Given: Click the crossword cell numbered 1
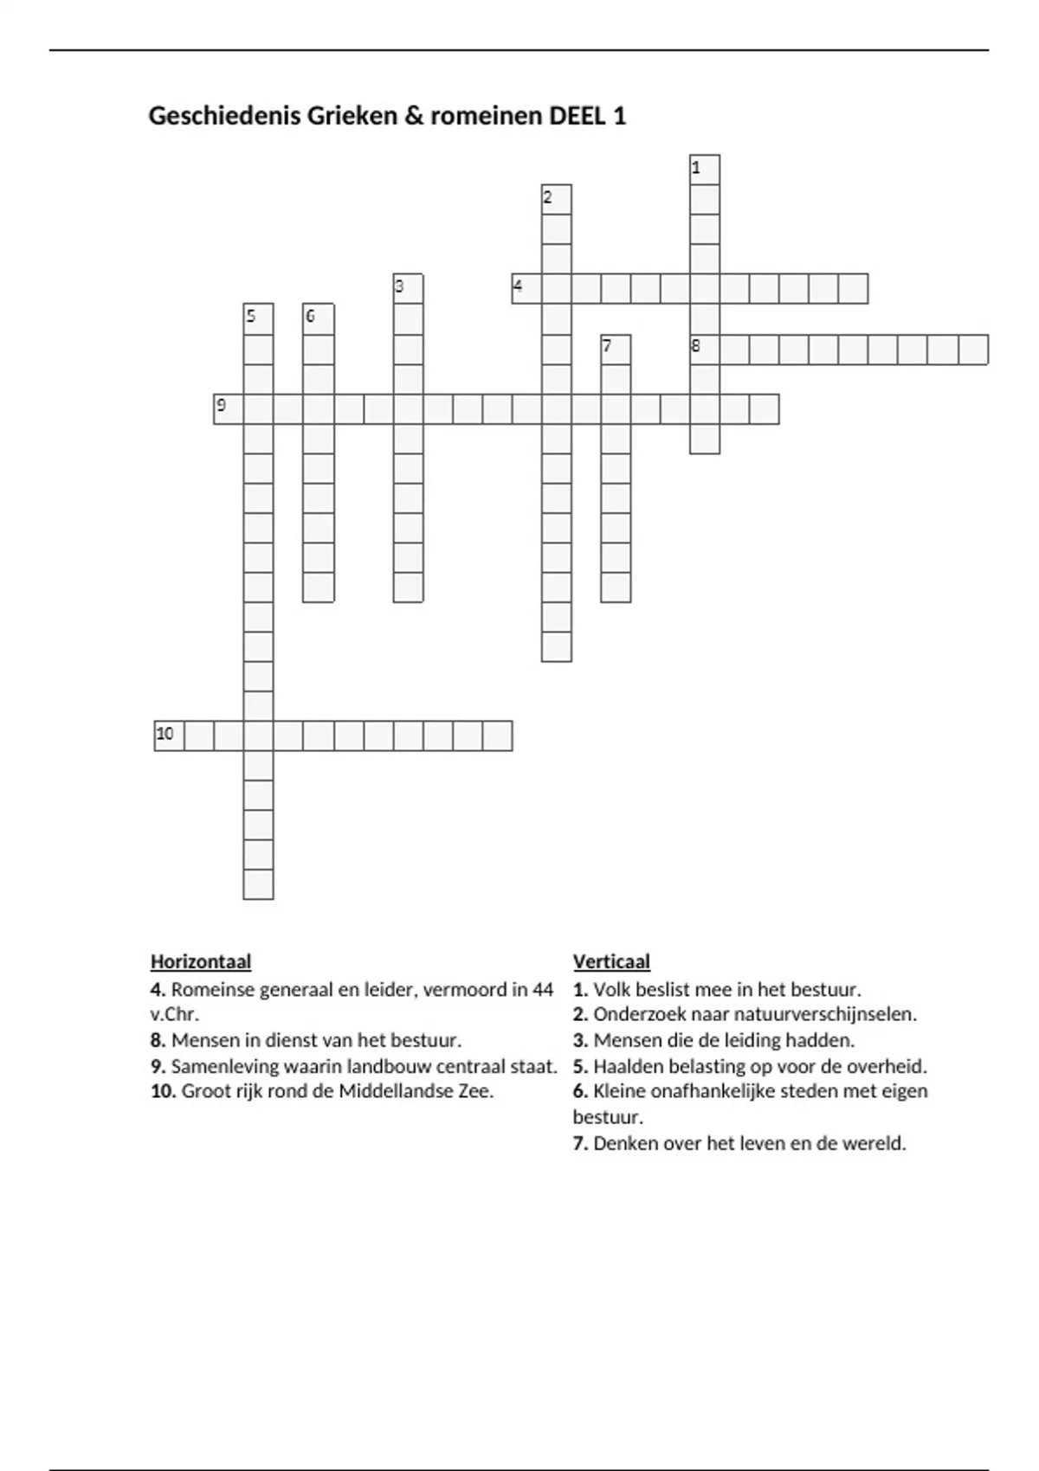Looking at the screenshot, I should (705, 170).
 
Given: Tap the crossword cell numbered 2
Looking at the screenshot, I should (556, 199).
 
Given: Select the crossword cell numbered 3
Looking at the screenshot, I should (408, 288).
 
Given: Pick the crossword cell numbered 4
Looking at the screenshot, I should (526, 288).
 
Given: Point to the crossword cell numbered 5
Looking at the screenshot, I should (258, 318).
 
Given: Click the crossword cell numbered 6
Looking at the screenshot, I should (318, 318).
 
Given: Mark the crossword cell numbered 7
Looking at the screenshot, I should (616, 349).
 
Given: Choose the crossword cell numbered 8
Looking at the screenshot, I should (705, 349).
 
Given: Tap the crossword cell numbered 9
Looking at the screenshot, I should (229, 408).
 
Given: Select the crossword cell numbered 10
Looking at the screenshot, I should (169, 735).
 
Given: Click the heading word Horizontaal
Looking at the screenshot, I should (201, 961).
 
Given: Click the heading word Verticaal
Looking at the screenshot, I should (611, 961).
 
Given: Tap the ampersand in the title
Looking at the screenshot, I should (412, 116).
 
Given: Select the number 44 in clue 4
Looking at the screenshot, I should (543, 989).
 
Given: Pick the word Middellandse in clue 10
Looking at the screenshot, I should (390, 1091).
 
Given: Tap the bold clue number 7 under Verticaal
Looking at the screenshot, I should (580, 1143).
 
